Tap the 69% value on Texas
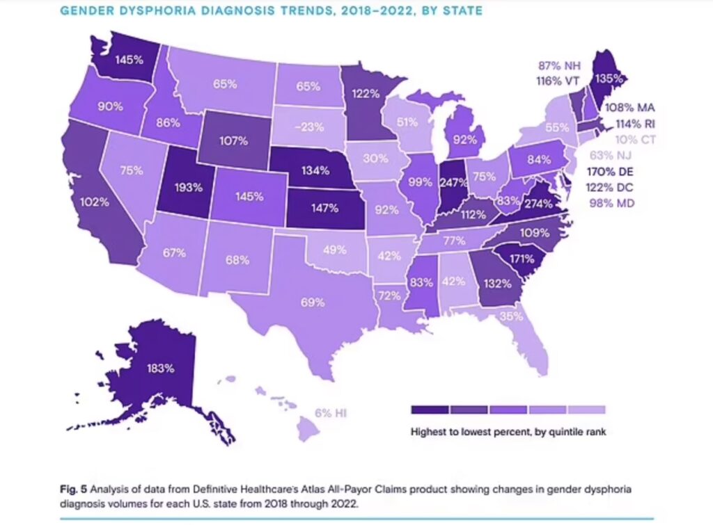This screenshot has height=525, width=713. pos(313,302)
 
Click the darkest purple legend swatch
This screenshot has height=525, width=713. pos(430,410)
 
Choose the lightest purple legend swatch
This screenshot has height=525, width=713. pos(587,410)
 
